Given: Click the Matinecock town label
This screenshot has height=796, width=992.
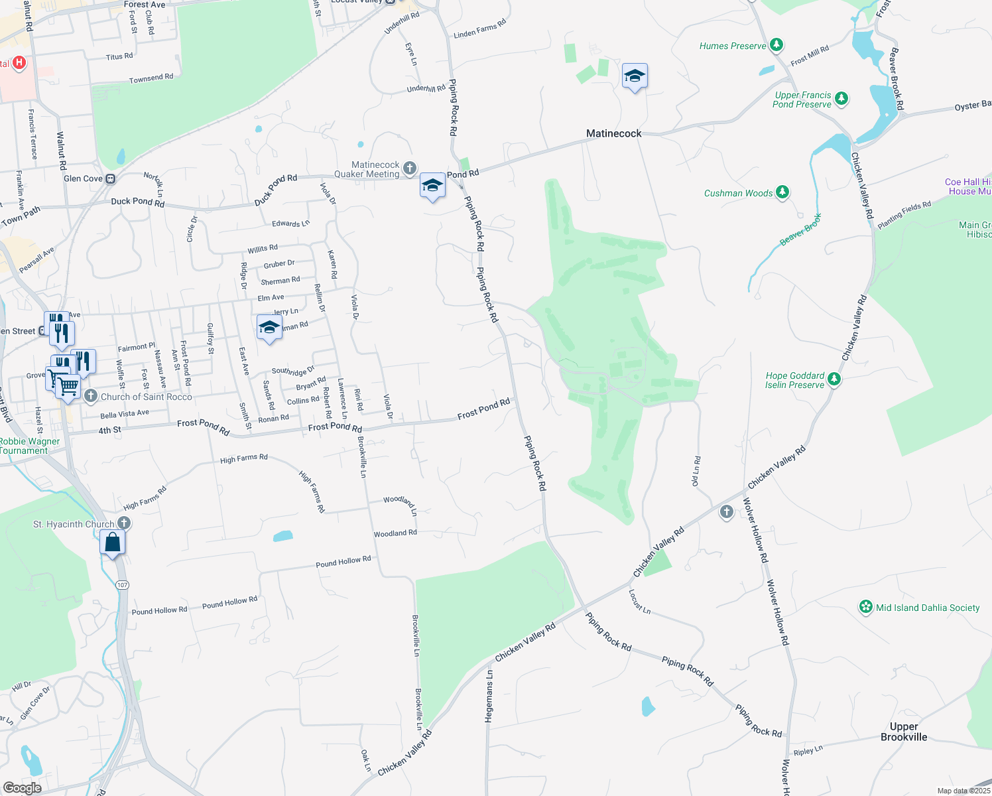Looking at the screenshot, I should (x=613, y=133).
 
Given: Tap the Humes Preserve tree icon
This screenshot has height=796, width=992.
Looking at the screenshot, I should (x=776, y=45).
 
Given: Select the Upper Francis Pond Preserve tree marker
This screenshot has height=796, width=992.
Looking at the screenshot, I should (x=841, y=99).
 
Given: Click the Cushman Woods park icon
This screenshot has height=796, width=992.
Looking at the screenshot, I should (x=782, y=192).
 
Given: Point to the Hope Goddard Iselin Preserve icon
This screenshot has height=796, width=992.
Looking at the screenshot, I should (x=834, y=379).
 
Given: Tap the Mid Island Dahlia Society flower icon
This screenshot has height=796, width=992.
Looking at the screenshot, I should (x=865, y=607).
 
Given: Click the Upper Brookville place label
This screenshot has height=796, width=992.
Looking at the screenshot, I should (x=904, y=732).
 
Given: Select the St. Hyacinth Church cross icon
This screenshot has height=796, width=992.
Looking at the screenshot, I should (x=123, y=523).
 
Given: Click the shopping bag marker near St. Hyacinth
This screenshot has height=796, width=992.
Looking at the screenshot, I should (x=113, y=543).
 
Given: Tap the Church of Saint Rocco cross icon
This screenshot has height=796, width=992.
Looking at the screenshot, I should (x=91, y=396).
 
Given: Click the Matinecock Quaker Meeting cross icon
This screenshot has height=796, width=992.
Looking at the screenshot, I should (x=410, y=168).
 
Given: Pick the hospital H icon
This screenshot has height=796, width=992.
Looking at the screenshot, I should (x=19, y=62).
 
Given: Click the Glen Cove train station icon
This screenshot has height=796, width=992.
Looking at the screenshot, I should (x=111, y=178).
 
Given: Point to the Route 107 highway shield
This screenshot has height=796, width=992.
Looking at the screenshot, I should (x=121, y=584).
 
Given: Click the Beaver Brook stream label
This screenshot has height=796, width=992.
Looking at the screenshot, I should (x=801, y=229).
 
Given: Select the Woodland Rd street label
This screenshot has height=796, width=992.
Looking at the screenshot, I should (x=395, y=533).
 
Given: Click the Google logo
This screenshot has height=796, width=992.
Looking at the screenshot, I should (x=22, y=788).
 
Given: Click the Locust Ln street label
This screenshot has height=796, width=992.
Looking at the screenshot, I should (x=639, y=601).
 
